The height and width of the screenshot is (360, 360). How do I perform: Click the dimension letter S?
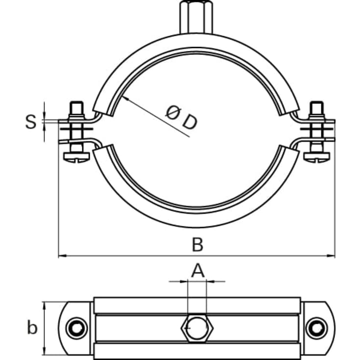pyautogui.click(x=31, y=121)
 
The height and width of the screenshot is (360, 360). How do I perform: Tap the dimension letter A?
pyautogui.click(x=197, y=270)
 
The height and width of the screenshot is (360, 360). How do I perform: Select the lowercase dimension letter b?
pyautogui.click(x=32, y=327)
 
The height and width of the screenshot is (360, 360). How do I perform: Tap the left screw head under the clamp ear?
pyautogui.click(x=76, y=157)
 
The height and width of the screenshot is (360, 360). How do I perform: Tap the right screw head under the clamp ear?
pyautogui.click(x=316, y=157)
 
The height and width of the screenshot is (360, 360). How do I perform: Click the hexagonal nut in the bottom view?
pyautogui.click(x=197, y=327)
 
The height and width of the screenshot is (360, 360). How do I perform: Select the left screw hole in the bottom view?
pyautogui.click(x=76, y=327)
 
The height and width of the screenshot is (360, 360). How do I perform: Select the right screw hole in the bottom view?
pyautogui.click(x=317, y=327)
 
